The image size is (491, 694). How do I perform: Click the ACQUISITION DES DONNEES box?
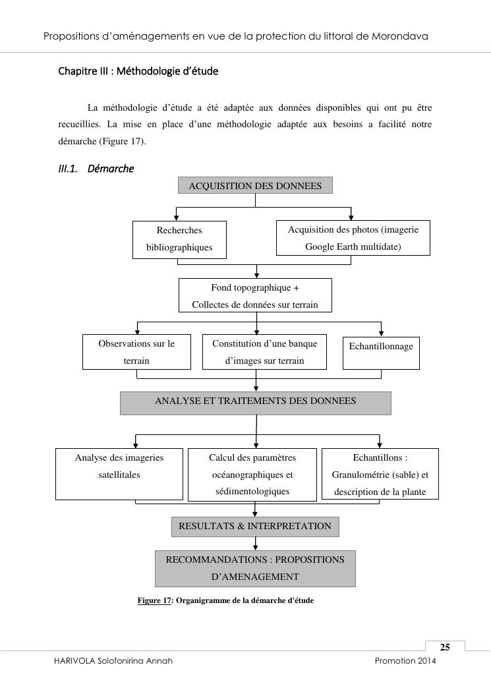[x=255, y=186]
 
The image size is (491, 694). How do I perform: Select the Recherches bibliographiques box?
[x=179, y=239]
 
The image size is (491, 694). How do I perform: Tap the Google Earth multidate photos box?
[x=353, y=238]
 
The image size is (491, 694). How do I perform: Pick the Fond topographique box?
[x=255, y=296]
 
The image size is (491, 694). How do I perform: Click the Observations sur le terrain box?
[x=136, y=352]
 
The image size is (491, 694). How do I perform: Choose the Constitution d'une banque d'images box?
[x=264, y=352]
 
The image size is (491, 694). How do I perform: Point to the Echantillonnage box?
[x=381, y=353]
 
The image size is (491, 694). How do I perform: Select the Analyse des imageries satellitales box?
[x=119, y=474]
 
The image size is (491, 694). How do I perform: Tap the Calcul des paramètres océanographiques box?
[x=252, y=475]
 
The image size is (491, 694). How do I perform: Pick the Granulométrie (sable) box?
[x=380, y=475]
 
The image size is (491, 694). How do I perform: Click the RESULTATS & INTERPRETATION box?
[x=255, y=527]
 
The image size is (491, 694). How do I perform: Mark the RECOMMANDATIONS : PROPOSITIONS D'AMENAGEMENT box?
[x=255, y=568]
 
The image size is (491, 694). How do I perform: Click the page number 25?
[x=445, y=647]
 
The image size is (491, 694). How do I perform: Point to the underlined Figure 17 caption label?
[x=154, y=600]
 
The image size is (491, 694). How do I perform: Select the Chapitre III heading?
[x=138, y=71]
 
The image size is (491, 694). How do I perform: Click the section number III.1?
[x=68, y=169]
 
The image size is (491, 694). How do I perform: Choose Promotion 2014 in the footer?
[x=405, y=660]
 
